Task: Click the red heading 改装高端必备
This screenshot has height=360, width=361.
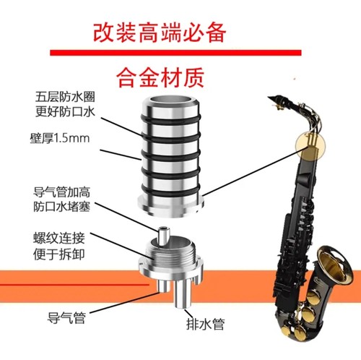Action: tap(160, 33)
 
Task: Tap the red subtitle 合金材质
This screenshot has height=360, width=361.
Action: tap(160, 77)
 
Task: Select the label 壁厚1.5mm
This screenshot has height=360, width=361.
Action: tap(60, 138)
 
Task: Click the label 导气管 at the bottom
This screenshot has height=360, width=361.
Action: tap(66, 317)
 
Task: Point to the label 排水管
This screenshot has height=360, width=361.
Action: tap(205, 324)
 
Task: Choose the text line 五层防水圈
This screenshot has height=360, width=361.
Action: tap(65, 97)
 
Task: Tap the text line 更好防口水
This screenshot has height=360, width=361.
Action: tap(65, 111)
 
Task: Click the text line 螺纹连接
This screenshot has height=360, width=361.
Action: tap(59, 238)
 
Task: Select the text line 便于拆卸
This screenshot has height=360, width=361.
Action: tap(59, 254)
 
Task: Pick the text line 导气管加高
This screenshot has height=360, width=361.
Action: tap(61, 192)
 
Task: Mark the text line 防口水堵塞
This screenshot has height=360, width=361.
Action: tap(61, 207)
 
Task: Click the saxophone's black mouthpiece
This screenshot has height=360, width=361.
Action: tap(277, 100)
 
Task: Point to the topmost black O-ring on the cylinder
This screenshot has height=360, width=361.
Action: tap(170, 119)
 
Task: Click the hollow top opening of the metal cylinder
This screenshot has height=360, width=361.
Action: tap(171, 100)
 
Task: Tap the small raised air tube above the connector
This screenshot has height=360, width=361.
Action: tap(163, 236)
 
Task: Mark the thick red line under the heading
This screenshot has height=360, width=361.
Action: tap(175, 53)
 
